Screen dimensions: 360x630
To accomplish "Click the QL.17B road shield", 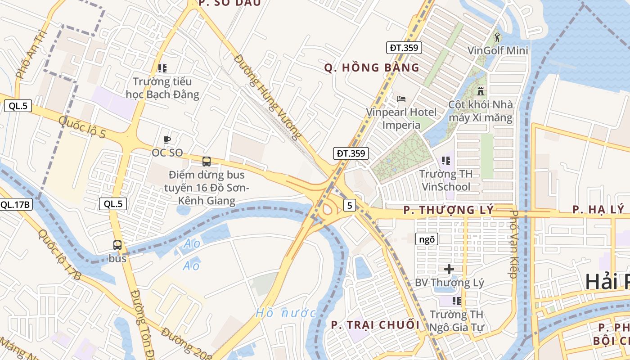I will click(x=16, y=205).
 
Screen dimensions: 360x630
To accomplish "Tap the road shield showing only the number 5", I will click(x=350, y=206).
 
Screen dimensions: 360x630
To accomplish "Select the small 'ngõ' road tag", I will click(x=426, y=239).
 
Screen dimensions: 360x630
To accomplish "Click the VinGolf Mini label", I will click(x=498, y=50).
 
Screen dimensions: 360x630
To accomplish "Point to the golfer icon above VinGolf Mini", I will click(x=497, y=37).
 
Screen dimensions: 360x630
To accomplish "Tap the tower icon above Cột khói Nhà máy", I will click(x=481, y=91).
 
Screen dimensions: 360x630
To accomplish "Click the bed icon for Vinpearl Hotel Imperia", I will click(x=401, y=99).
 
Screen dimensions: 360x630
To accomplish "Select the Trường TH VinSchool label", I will click(x=446, y=180).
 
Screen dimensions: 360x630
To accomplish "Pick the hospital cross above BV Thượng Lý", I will click(x=449, y=270).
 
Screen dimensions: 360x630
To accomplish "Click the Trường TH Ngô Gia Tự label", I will click(x=457, y=320).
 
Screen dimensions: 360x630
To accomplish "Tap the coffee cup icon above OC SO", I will click(x=167, y=140).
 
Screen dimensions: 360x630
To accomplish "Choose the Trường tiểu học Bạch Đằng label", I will click(x=162, y=88).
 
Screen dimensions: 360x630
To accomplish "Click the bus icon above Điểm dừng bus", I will click(x=207, y=161).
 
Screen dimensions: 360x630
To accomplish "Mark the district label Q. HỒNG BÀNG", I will click(x=372, y=68).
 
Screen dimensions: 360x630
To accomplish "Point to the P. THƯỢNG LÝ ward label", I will click(x=448, y=210).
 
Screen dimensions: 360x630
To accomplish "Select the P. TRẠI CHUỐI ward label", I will click(x=375, y=325).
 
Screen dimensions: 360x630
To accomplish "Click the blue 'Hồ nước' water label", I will click(x=286, y=313).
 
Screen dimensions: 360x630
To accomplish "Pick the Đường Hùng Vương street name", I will click(x=267, y=97).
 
